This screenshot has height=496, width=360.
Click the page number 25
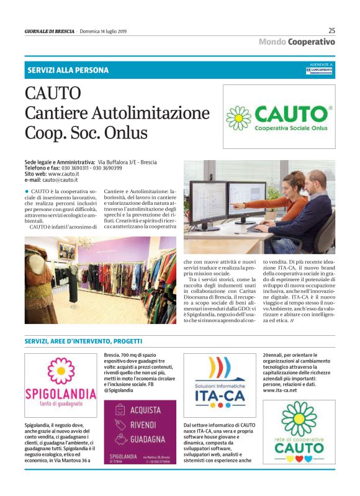(x=331, y=30)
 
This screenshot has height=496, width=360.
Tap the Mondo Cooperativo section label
(x=297, y=42)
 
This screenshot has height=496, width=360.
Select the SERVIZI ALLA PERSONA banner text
(x=68, y=70)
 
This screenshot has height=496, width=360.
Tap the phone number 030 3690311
(x=81, y=168)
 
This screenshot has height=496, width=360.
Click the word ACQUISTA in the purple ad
(x=145, y=410)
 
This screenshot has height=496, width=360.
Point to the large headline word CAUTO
(x=53, y=94)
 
